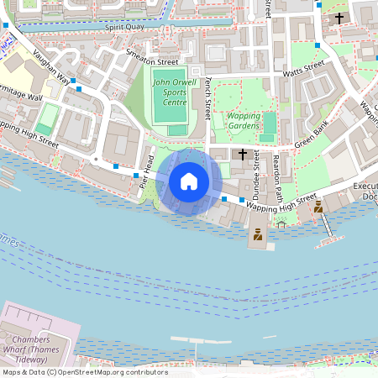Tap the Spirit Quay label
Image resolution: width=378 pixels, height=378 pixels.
click(x=125, y=27)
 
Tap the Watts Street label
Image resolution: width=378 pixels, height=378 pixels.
click(x=303, y=69)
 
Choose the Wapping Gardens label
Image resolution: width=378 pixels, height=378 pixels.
click(x=244, y=120)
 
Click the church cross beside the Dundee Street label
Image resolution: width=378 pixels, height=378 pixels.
click(x=243, y=155)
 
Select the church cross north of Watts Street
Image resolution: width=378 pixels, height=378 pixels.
click(x=339, y=18)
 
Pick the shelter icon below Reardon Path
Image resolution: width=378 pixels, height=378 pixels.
click(x=281, y=223)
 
